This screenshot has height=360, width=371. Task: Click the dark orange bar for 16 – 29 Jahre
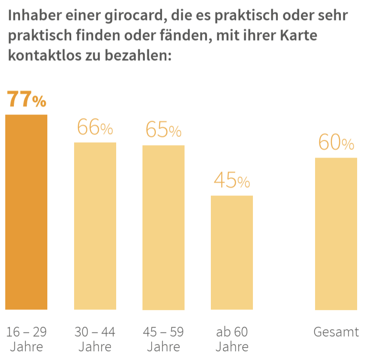(x=26, y=212)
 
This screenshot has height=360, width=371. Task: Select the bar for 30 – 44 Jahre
(x=95, y=226)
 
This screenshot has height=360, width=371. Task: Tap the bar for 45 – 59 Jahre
(x=164, y=227)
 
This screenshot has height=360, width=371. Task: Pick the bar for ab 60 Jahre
(x=232, y=252)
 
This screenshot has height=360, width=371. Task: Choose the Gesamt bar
(x=336, y=234)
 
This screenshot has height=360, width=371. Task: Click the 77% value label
(x=26, y=100)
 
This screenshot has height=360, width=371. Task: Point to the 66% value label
(x=95, y=128)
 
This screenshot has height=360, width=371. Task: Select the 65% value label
(x=164, y=130)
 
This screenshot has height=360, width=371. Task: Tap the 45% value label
(x=232, y=181)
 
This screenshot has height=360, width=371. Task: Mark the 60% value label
(x=336, y=143)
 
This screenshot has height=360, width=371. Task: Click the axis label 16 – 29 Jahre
(x=26, y=338)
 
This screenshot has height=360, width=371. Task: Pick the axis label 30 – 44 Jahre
(x=95, y=338)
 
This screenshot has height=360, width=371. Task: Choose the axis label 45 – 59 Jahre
(x=164, y=338)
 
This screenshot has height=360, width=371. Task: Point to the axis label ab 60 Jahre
(x=232, y=338)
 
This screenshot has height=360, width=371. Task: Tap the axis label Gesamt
(x=336, y=332)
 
